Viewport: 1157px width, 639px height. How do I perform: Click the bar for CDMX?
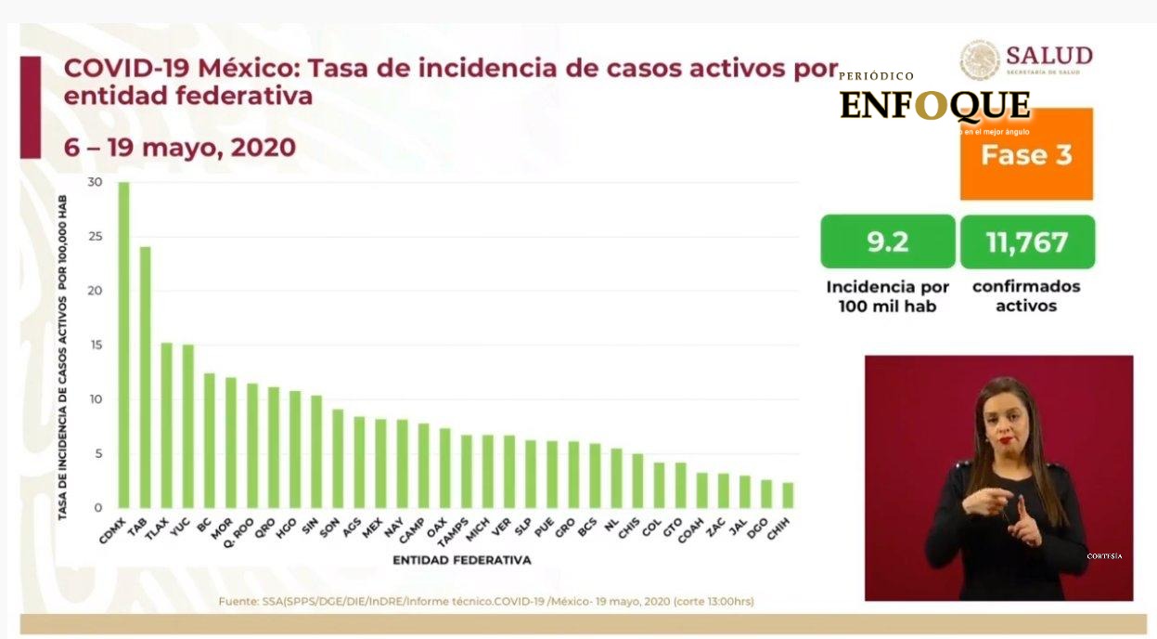(123, 345)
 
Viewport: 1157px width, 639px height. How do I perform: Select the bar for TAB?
(145, 377)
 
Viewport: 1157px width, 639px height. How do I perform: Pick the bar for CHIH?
(787, 495)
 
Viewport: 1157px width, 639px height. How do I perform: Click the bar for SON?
(338, 459)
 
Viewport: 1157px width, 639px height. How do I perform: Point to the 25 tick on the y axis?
(96, 236)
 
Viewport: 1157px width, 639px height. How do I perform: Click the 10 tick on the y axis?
(96, 399)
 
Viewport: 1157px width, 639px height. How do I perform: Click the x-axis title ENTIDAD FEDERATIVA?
(461, 560)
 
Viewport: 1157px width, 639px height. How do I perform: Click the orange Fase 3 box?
(1026, 155)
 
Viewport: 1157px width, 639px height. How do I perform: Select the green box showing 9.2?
(887, 242)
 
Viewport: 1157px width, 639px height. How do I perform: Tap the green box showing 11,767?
(1026, 242)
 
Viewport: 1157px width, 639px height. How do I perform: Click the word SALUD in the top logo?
(1048, 55)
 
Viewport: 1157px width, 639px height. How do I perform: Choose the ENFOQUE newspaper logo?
(934, 105)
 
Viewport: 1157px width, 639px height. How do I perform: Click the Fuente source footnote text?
(486, 601)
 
